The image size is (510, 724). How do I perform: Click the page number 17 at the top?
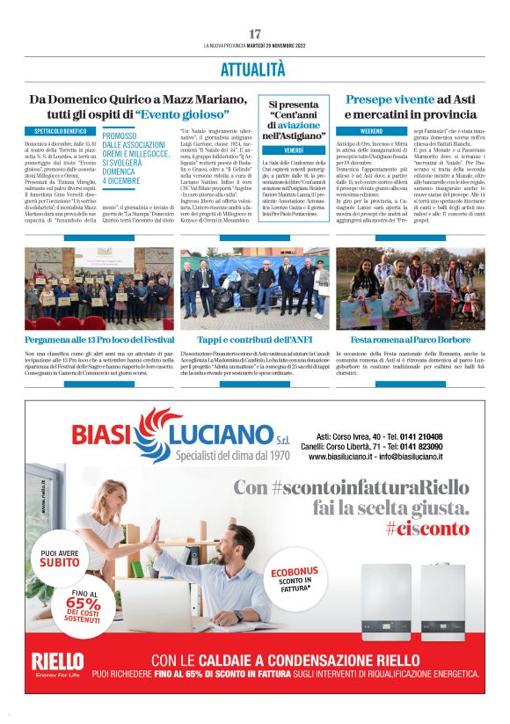point(255,33)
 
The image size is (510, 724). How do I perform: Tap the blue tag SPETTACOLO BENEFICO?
point(55,131)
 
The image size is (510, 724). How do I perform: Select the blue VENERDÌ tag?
point(294,150)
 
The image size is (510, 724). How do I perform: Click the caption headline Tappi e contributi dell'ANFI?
point(254,339)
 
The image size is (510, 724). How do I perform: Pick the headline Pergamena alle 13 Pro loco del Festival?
point(99,339)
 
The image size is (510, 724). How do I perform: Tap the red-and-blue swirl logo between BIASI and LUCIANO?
point(164,434)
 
